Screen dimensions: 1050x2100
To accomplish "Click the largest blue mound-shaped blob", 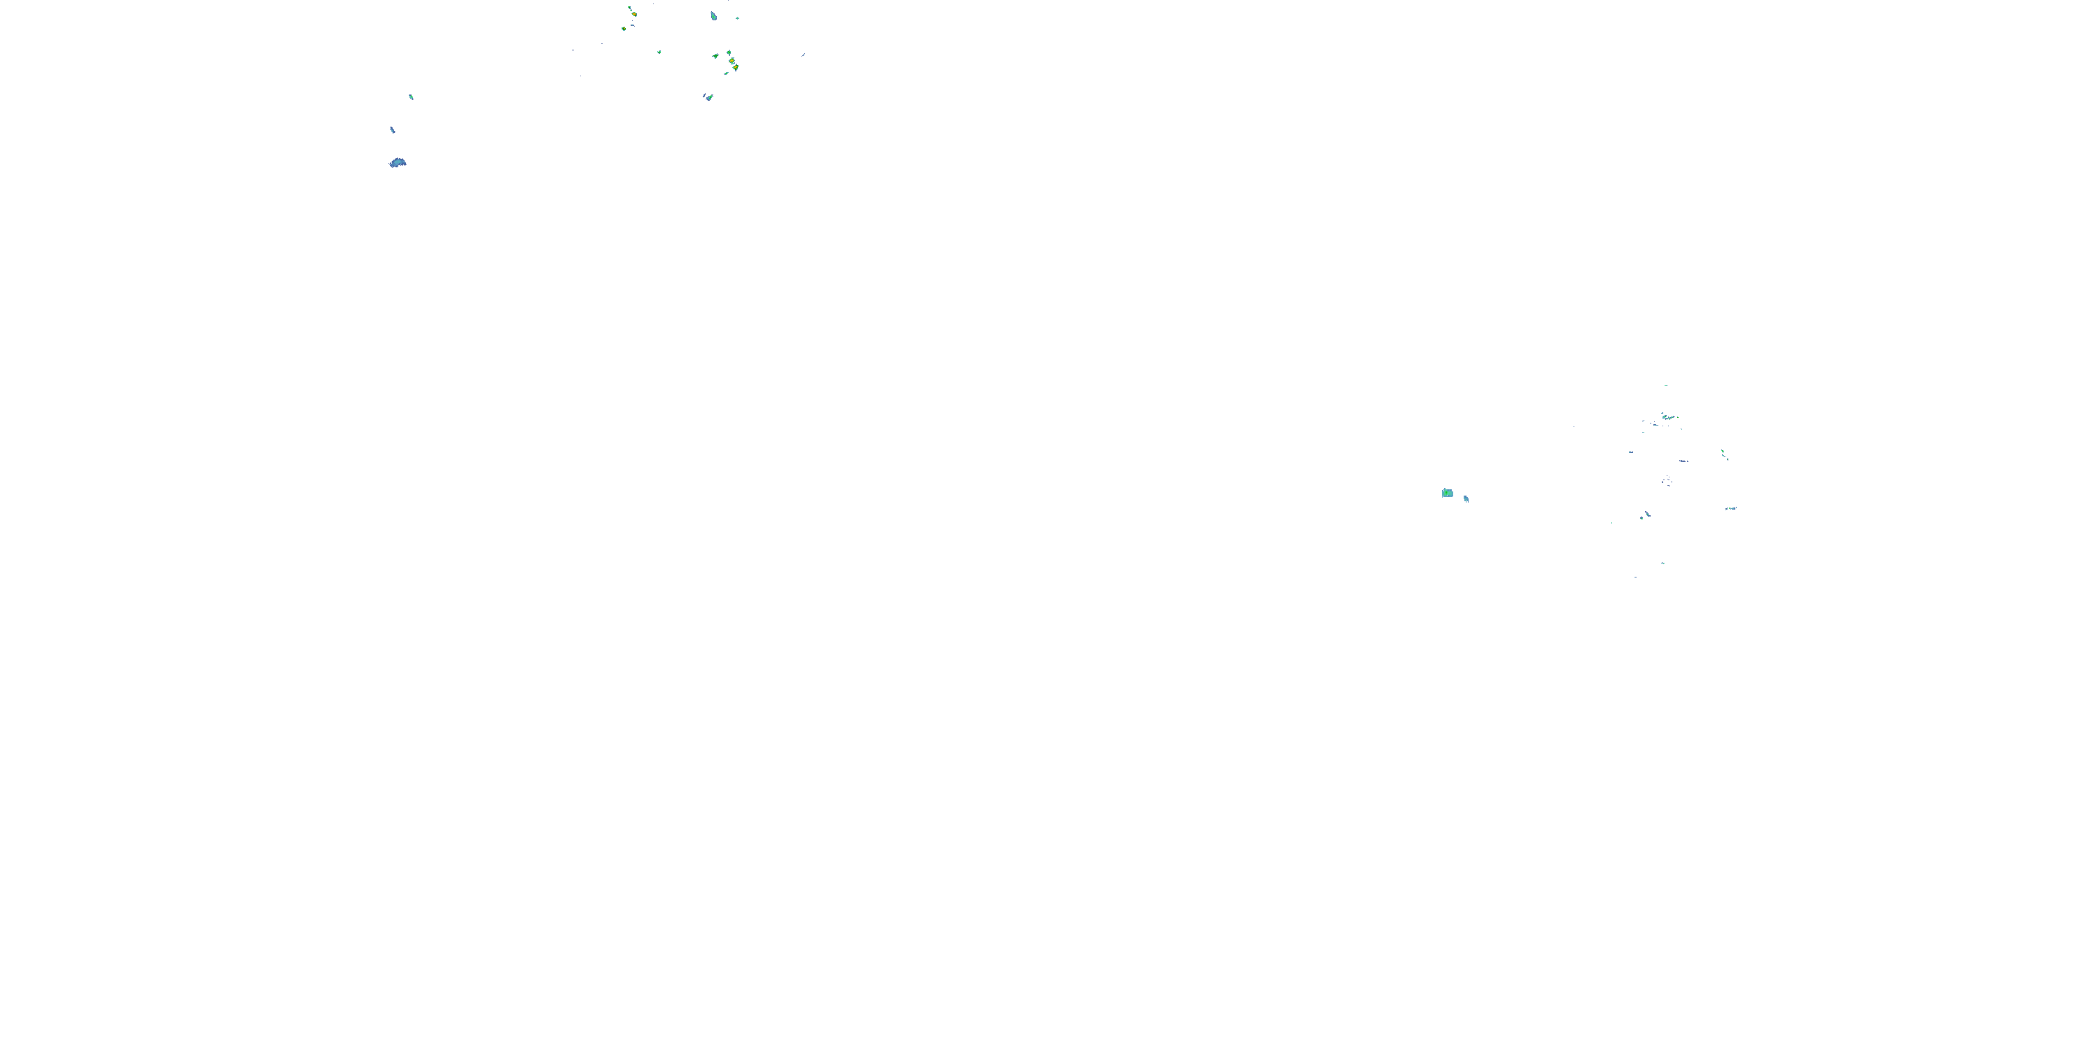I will [398, 163].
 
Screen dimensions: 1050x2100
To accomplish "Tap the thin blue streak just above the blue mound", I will [392, 129].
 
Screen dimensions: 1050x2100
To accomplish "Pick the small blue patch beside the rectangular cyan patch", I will [1466, 499].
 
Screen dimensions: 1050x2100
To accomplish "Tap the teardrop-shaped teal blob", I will [713, 15].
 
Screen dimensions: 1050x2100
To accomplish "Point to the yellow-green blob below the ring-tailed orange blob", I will [624, 29].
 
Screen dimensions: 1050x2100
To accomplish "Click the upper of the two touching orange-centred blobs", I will [731, 60].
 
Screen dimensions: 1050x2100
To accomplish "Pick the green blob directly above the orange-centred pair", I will [728, 52].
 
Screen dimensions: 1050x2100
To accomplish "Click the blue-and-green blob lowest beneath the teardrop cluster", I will [708, 97].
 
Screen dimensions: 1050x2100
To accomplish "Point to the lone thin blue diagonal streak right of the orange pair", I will [803, 55].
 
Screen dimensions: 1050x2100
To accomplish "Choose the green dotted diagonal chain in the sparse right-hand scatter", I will [1724, 454].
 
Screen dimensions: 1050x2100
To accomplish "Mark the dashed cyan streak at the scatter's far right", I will [1730, 509].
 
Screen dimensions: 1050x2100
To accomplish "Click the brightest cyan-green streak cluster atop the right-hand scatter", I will [1667, 417].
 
